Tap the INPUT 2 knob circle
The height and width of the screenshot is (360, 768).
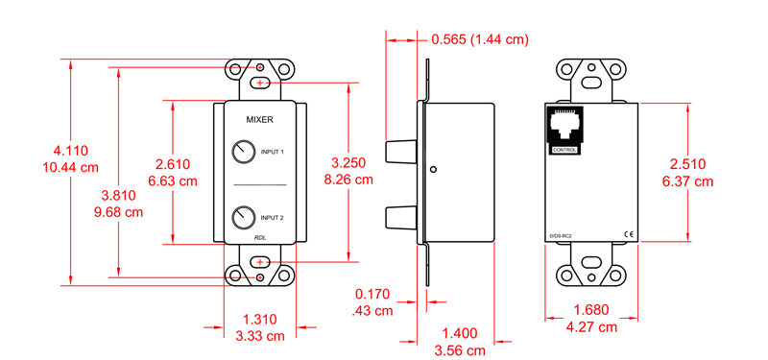pyautogui.click(x=242, y=216)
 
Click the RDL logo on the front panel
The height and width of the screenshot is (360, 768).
pyautogui.click(x=259, y=238)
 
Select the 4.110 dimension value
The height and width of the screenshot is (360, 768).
pyautogui.click(x=71, y=151)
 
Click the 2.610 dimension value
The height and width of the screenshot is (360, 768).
pyautogui.click(x=174, y=163)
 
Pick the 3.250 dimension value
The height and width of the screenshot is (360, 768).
pyautogui.click(x=349, y=163)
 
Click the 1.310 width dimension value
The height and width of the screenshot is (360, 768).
pyautogui.click(x=262, y=320)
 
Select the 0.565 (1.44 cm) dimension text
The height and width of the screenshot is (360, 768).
pyautogui.click(x=481, y=39)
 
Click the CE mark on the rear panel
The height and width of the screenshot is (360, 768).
pyautogui.click(x=630, y=232)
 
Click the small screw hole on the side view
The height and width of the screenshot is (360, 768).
pyautogui.click(x=435, y=170)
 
